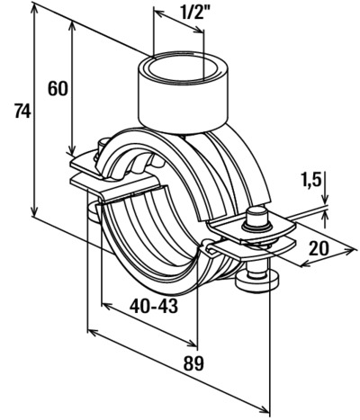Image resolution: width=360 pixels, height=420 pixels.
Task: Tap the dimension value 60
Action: (x=58, y=89)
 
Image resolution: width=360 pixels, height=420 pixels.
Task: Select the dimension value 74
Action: (x=22, y=111)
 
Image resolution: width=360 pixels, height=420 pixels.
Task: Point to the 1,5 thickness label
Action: (x=310, y=180)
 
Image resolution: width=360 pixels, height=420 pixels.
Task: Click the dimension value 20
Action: (x=319, y=248)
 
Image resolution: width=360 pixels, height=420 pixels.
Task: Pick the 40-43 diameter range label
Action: (x=154, y=306)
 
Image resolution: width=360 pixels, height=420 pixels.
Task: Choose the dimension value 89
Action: (x=193, y=363)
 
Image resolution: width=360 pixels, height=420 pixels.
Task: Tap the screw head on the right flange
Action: (x=256, y=218)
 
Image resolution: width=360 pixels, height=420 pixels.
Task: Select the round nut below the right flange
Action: (x=257, y=281)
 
